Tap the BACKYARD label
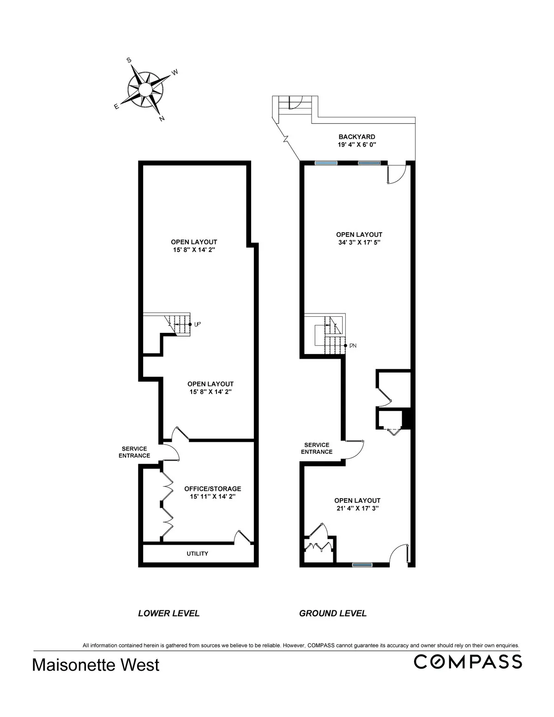[356, 137]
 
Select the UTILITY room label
[197, 554]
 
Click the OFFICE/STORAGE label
[212, 489]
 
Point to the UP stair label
[197, 325]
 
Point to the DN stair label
[353, 345]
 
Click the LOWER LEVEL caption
[169, 614]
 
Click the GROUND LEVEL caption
[332, 614]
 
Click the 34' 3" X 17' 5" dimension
[359, 242]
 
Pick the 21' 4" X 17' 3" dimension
[357, 508]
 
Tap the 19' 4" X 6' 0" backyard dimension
[356, 145]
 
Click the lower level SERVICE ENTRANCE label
[134, 452]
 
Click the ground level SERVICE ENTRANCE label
[317, 448]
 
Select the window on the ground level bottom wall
[362, 564]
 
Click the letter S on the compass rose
[129, 60]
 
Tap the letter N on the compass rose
[162, 119]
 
